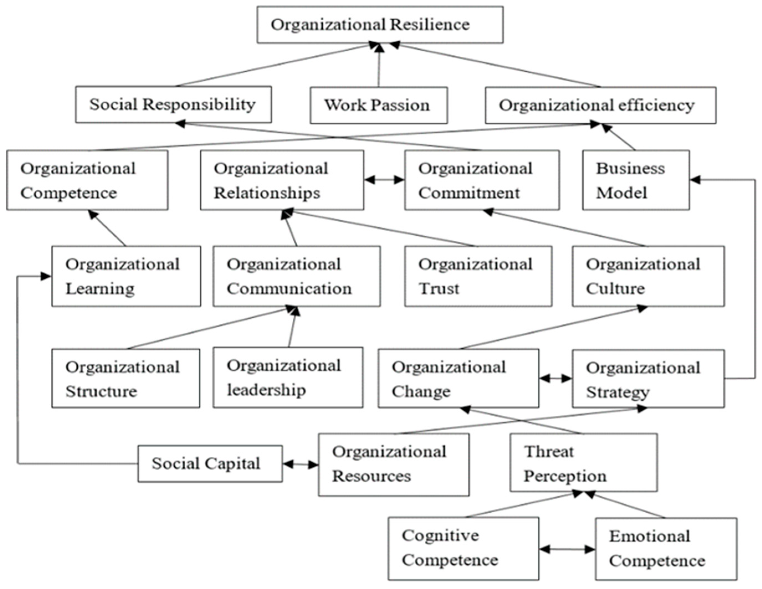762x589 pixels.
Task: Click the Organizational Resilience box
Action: coord(380,25)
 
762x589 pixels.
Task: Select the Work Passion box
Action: coord(379,105)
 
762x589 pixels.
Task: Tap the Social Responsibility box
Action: coord(173,105)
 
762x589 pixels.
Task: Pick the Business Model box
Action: coord(636,180)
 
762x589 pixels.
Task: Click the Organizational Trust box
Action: coord(478,276)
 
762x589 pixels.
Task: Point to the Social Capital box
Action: coord(210,464)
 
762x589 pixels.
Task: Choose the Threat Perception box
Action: coord(583,462)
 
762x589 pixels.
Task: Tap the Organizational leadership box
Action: coord(288,377)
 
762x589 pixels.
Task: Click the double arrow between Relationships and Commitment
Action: coord(384,180)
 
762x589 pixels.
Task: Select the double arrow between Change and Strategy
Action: coord(555,378)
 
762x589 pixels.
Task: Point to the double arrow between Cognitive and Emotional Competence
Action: coord(567,549)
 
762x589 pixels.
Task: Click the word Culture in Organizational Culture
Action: coord(615,288)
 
